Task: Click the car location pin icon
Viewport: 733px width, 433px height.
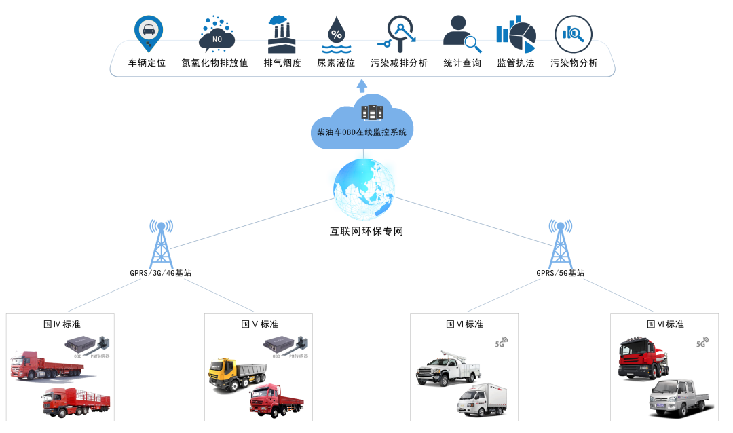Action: coord(148,32)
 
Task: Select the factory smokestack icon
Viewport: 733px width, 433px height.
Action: coord(281,35)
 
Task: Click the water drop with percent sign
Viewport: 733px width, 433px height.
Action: coord(336,35)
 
